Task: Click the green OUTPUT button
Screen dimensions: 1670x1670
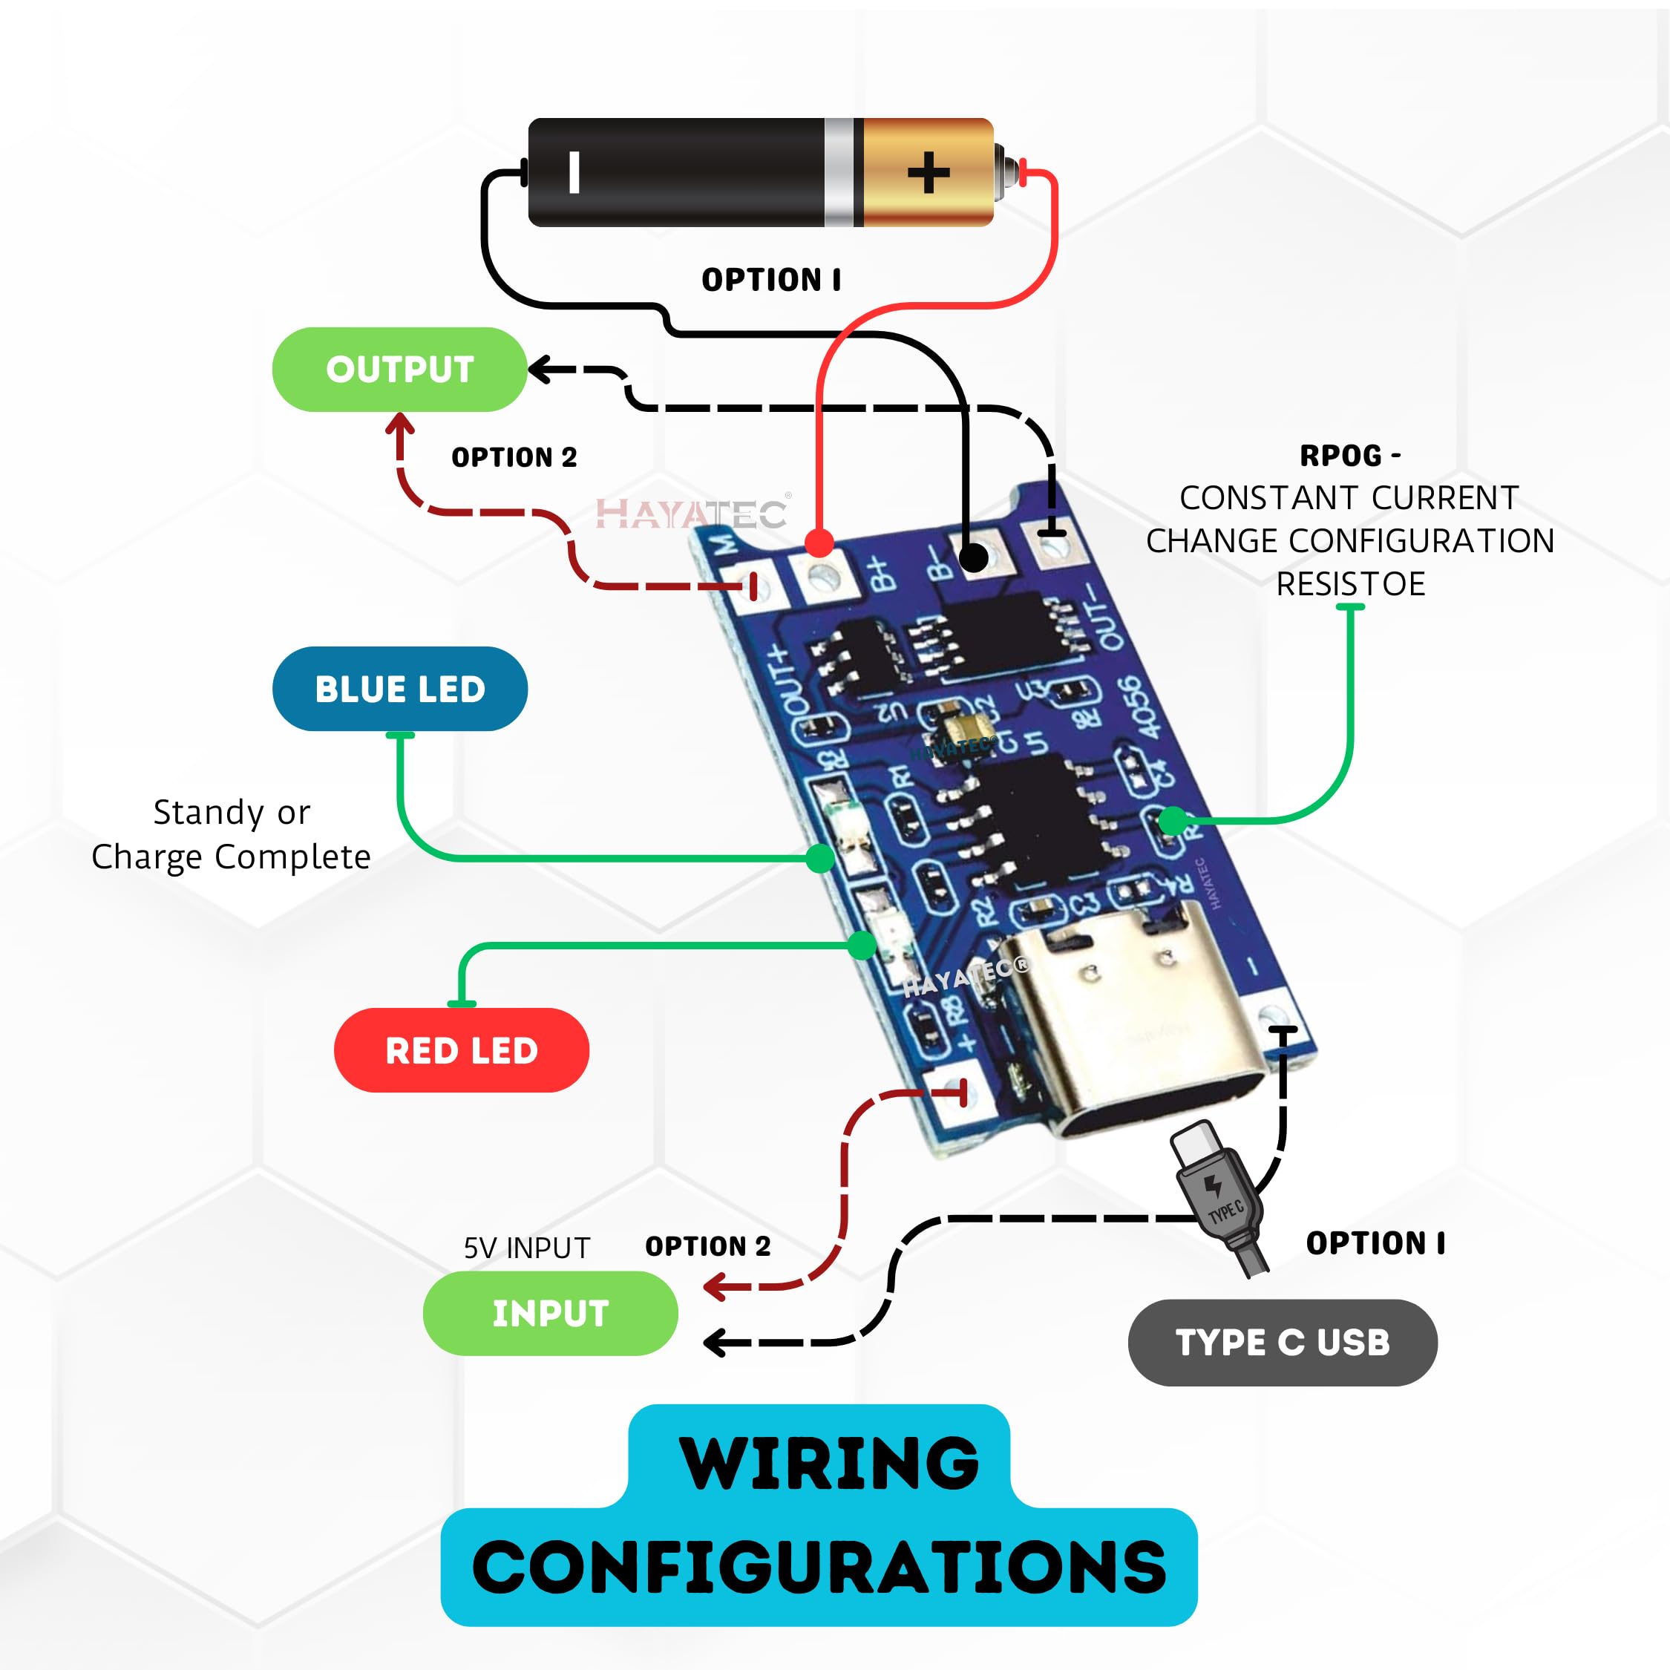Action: [x=399, y=369]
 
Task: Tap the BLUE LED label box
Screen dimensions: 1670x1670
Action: [x=399, y=689]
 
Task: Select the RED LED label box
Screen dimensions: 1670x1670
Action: [x=461, y=1050]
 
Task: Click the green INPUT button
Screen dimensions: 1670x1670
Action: [x=550, y=1313]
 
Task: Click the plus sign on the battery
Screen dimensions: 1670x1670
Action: [x=929, y=172]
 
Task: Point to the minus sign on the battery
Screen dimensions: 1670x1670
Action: [x=574, y=172]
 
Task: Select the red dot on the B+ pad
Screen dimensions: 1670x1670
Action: [x=819, y=543]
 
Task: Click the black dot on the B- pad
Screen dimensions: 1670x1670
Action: [x=974, y=557]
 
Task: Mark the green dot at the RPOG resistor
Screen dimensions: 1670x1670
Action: [x=1172, y=819]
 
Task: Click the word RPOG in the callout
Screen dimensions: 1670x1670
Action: [x=1340, y=456]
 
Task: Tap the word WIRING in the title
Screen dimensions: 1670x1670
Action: [x=830, y=1464]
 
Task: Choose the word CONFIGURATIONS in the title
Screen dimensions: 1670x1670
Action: [x=819, y=1566]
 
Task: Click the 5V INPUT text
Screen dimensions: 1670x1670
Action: [x=526, y=1248]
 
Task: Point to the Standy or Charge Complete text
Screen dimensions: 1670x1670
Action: [x=231, y=834]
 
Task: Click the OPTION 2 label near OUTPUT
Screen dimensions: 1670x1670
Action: [x=514, y=457]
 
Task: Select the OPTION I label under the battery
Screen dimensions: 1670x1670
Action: [x=770, y=280]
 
